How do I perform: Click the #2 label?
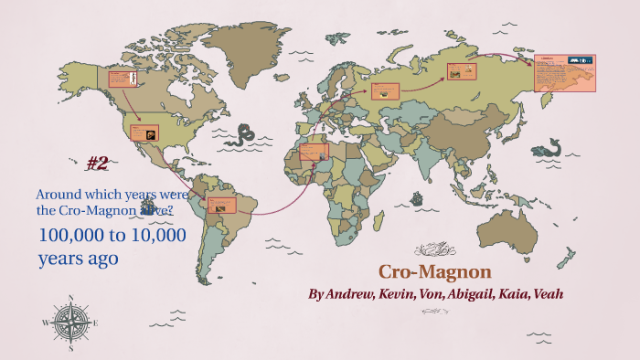pos(98,164)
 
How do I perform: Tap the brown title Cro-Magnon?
pos(435,272)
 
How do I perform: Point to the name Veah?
pos(545,294)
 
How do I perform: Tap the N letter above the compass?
pos(69,299)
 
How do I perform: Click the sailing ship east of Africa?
pos(416,196)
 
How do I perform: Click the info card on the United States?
pos(144,132)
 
